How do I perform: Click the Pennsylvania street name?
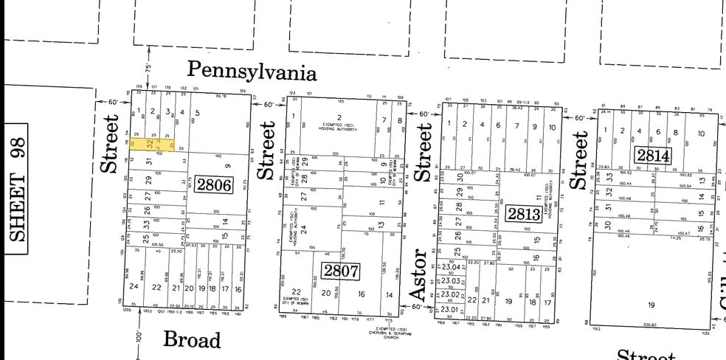coord(252,71)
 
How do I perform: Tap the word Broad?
coord(192,339)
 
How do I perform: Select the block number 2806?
coord(214,184)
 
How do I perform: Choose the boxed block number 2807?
coord(340,271)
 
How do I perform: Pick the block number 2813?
coord(525,215)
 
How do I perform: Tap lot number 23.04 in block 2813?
coord(450,268)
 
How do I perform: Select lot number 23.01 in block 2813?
coord(450,310)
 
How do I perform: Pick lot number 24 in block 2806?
coord(134,287)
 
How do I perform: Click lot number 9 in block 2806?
coord(228,165)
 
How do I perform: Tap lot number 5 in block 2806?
coord(197,113)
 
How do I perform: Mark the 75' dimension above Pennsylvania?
coord(148,67)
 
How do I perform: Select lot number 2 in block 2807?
coord(340,117)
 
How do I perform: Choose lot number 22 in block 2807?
coord(296,292)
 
